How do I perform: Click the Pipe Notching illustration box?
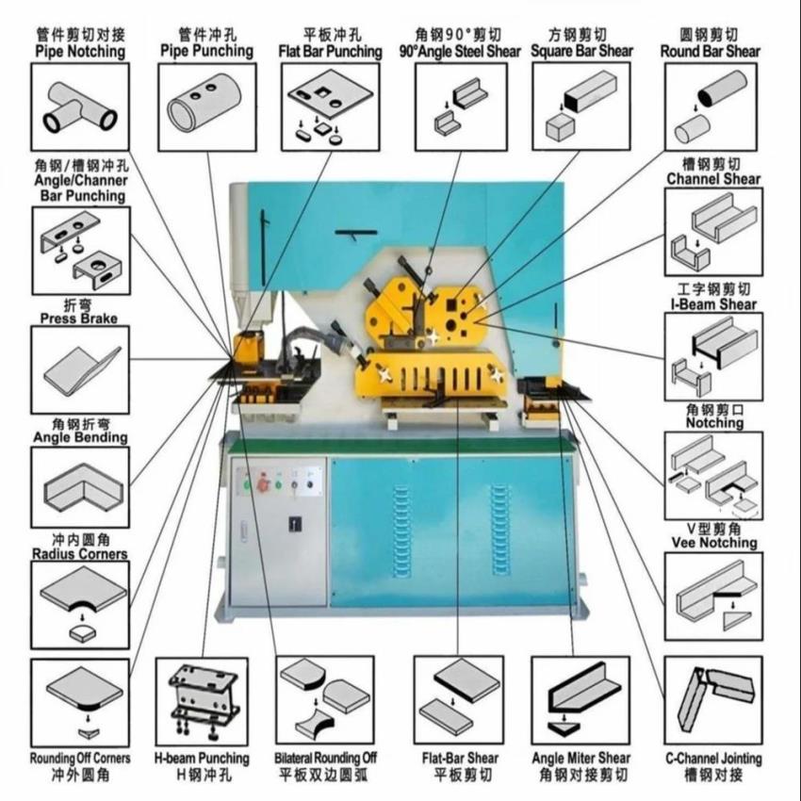pos(80,106)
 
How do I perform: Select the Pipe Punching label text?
pos(206,49)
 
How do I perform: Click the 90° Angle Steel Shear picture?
pos(460,106)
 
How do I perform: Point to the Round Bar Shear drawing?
pos(712,106)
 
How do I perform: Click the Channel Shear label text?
pos(713,178)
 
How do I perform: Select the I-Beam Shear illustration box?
pos(713,356)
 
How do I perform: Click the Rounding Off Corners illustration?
pos(80,702)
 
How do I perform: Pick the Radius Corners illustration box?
pos(80,603)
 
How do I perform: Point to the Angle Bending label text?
pos(80,437)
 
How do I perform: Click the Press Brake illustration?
pos(80,369)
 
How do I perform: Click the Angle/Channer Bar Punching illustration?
pos(80,250)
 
